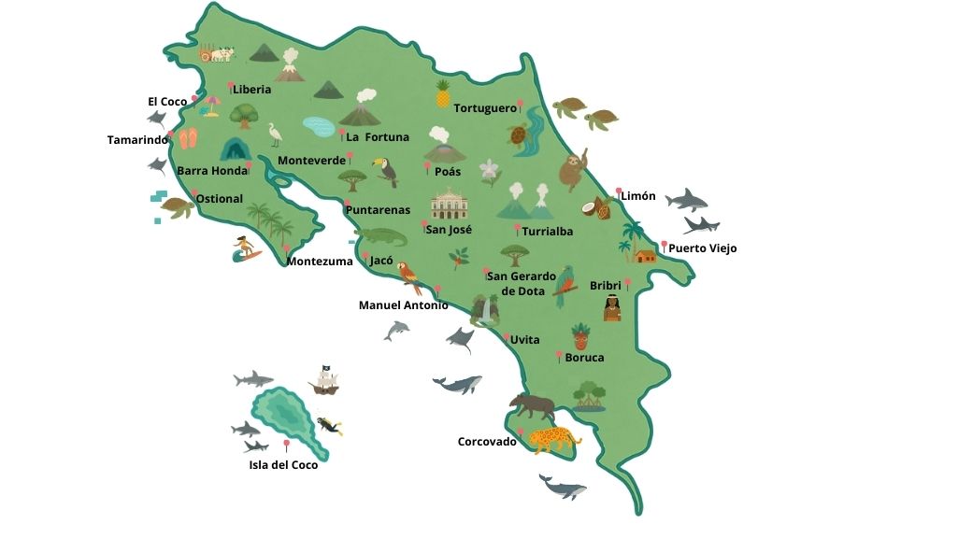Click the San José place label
pyautogui.click(x=450, y=230)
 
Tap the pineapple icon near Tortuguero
pyautogui.click(x=443, y=93)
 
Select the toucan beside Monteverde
pyautogui.click(x=385, y=171)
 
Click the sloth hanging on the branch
pyautogui.click(x=572, y=171)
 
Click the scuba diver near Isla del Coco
pyautogui.click(x=329, y=426)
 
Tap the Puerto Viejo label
pyautogui.click(x=702, y=248)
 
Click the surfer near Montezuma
pyautogui.click(x=246, y=248)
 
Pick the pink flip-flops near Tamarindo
pyautogui.click(x=189, y=139)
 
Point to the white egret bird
pyautogui.click(x=276, y=135)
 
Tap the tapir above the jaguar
pyautogui.click(x=532, y=406)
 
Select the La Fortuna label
pyautogui.click(x=378, y=137)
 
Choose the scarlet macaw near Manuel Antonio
pyautogui.click(x=408, y=277)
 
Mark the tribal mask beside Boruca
pyautogui.click(x=580, y=335)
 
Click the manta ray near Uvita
pyautogui.click(x=460, y=340)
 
